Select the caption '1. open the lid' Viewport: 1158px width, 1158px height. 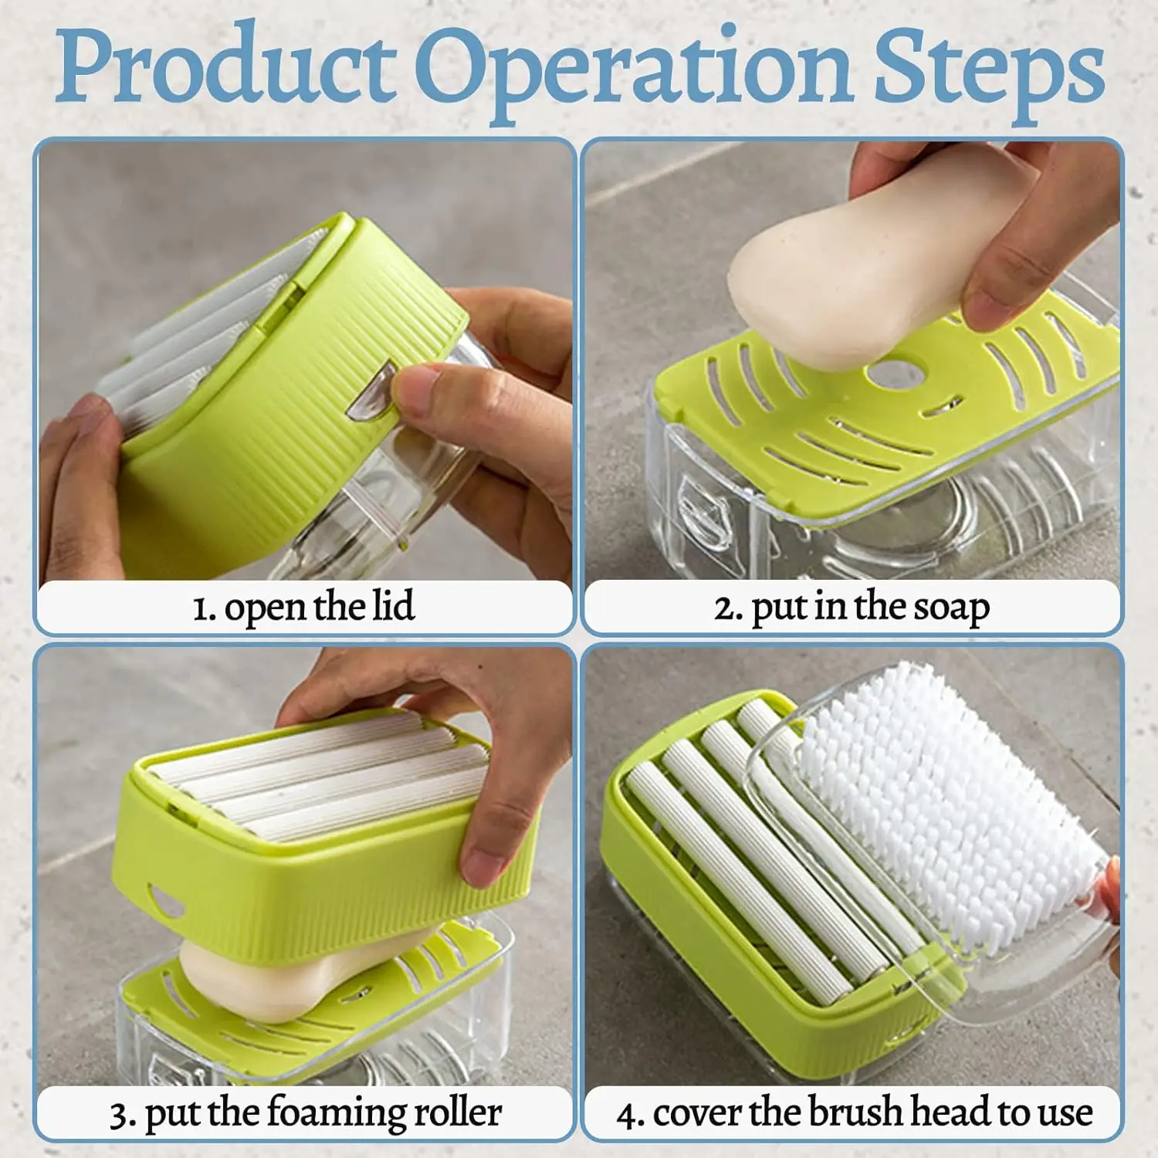[303, 607]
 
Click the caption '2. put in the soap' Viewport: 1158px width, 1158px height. [851, 608]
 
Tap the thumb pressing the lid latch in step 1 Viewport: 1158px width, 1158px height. [421, 386]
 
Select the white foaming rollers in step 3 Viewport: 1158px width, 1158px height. [324, 780]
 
